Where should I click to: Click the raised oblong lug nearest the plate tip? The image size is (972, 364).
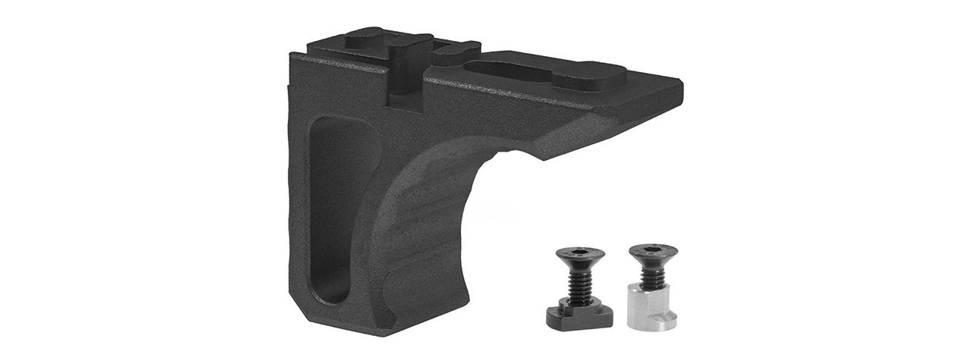coord(588,76)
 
